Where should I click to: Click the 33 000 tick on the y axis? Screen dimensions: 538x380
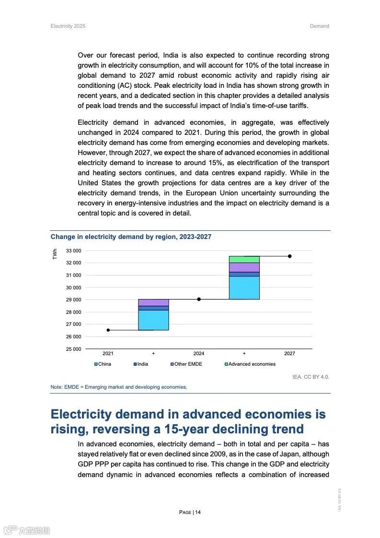point(73,251)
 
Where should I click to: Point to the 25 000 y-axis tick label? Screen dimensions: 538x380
point(73,349)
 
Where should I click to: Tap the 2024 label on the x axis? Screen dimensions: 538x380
point(199,354)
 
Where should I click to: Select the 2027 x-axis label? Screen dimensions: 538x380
point(289,354)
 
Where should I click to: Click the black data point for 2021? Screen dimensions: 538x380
point(108,330)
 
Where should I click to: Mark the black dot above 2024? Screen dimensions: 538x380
point(199,299)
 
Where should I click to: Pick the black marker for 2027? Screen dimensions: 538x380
point(289,256)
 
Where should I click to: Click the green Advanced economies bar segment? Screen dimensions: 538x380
point(244,259)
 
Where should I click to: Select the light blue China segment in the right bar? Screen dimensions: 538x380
point(244,288)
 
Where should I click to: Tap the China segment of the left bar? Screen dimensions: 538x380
point(153,320)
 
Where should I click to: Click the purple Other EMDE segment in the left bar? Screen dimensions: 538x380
point(153,302)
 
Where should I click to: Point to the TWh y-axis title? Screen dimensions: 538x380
point(55,254)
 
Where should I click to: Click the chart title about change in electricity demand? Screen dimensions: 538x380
point(131,237)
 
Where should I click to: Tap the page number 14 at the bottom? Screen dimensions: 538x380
point(190,512)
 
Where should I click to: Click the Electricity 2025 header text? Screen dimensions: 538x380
point(68,26)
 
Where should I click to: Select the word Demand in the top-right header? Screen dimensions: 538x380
point(319,26)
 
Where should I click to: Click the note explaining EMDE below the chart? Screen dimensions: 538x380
point(119,387)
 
